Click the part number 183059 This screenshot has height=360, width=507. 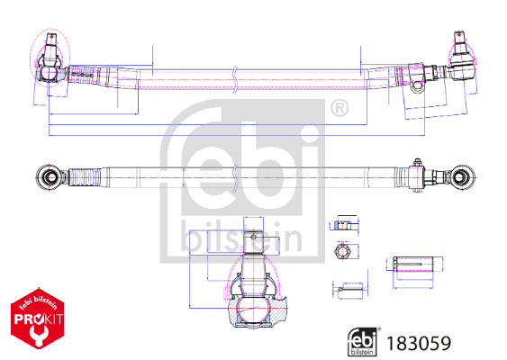coord(418,343)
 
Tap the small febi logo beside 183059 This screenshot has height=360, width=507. coord(364,342)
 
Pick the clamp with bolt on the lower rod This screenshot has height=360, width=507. coord(419,173)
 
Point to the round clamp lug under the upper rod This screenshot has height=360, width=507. coord(417,86)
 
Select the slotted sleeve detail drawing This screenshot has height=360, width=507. coord(414,264)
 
